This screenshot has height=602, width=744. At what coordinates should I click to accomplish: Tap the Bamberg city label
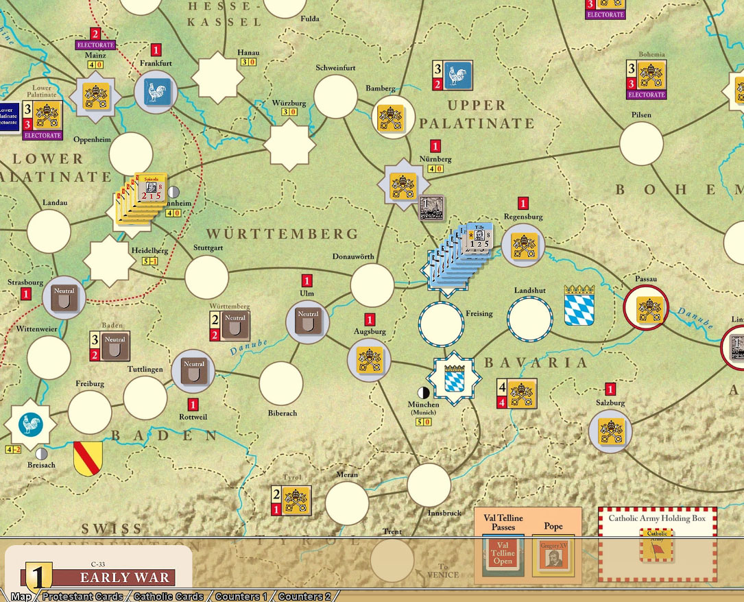coord(381,88)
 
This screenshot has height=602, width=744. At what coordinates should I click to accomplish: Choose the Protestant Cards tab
coord(82,597)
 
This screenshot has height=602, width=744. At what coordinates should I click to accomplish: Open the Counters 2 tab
coord(304,597)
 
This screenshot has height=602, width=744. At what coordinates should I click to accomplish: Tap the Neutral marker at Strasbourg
coord(64,297)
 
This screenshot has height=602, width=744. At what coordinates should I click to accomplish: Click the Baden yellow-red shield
coord(88,458)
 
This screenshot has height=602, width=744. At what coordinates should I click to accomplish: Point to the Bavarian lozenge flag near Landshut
coord(579,305)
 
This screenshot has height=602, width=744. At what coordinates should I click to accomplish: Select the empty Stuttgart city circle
coord(206,277)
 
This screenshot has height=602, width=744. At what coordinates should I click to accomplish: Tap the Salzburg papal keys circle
coord(610,432)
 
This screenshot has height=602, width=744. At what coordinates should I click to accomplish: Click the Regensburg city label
coord(523,217)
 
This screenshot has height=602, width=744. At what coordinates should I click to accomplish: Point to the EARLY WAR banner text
coord(124,577)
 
